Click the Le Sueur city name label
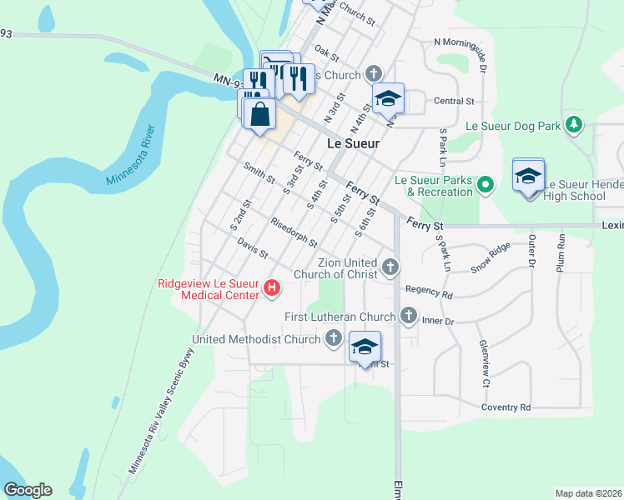pos(353,143)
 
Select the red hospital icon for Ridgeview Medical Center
pos(272,289)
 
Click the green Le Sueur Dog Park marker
pos(573,125)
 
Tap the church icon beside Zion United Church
pos(390,267)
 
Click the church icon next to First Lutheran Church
pos(408,316)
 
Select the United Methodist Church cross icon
pos(334,338)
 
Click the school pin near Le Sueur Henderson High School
pos(528,177)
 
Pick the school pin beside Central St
pos(388,100)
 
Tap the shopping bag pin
pos(260,113)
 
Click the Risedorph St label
pos(294,232)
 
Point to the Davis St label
pos(252,247)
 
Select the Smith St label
pos(259,172)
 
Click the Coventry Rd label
pos(506,407)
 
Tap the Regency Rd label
pos(429,294)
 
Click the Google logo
pos(28,490)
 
